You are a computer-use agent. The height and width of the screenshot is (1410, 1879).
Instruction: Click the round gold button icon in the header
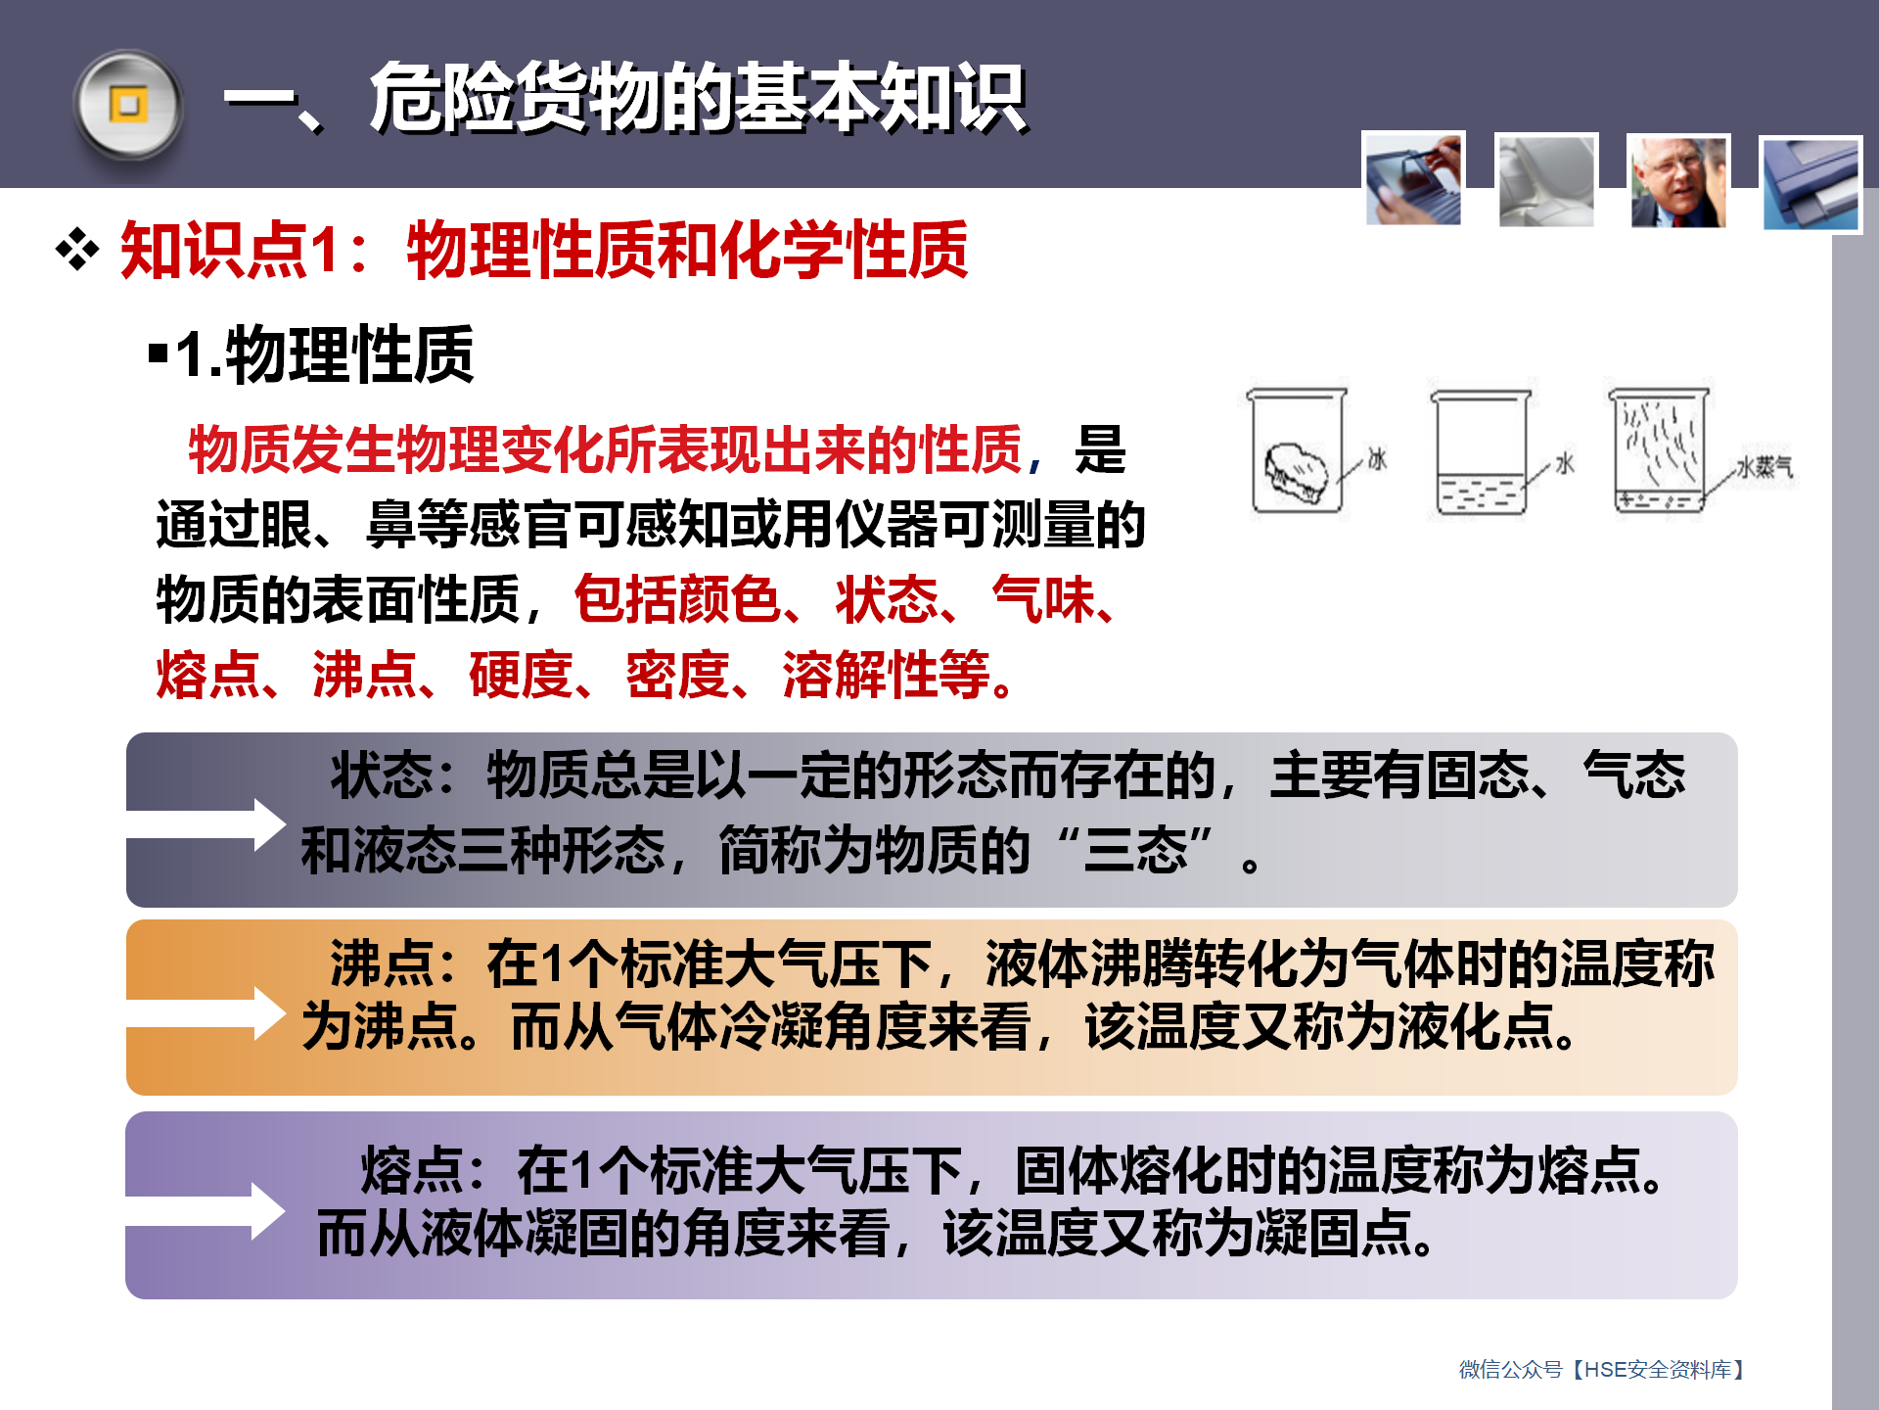tap(128, 105)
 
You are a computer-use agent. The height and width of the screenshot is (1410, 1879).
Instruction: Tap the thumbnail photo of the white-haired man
tap(1677, 182)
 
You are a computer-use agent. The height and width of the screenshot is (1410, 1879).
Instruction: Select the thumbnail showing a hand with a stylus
tap(1413, 180)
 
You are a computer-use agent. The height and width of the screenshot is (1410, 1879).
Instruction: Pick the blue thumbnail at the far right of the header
tap(1810, 184)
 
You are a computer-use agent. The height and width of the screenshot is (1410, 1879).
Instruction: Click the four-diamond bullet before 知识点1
tap(77, 250)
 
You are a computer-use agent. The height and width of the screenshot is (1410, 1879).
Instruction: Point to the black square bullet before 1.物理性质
tap(158, 352)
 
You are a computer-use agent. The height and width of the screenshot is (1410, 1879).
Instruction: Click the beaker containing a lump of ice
tap(1297, 450)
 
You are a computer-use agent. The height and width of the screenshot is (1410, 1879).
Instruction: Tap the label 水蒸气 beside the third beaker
tap(1764, 467)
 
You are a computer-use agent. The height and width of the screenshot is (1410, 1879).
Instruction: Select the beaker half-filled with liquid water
tap(1480, 452)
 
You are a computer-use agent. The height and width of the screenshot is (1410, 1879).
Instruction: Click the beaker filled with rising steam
tap(1659, 450)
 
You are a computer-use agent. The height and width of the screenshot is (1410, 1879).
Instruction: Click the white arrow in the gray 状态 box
tap(206, 824)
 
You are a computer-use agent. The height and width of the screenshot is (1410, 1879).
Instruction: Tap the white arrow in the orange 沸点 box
tap(206, 1013)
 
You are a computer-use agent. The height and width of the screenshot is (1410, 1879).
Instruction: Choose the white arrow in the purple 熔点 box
tap(206, 1211)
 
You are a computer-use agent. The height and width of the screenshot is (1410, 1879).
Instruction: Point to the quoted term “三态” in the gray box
tap(1136, 849)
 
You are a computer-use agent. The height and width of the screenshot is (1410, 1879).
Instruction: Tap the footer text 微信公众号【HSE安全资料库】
tap(1602, 1369)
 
